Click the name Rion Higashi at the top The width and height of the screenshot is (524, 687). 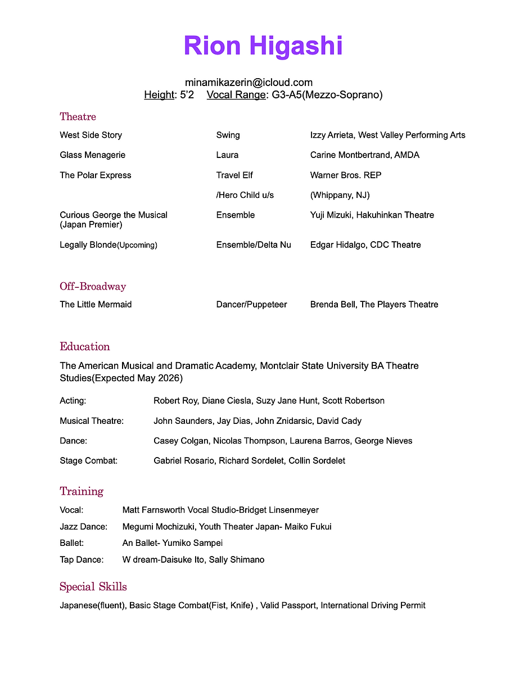pos(263,46)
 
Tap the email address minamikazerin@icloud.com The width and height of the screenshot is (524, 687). pos(249,82)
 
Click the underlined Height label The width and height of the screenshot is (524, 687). pos(159,94)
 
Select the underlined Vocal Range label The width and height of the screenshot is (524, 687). pos(236,94)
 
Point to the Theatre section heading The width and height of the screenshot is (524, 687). pos(78,116)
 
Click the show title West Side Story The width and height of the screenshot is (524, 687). pos(91,135)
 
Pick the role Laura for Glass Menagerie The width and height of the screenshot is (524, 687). pos(227,155)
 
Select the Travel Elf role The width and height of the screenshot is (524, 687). pos(234,175)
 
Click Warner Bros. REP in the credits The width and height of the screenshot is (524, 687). pos(346,175)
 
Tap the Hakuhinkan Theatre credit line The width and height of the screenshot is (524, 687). pos(372,215)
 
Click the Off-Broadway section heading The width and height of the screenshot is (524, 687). pos(93,286)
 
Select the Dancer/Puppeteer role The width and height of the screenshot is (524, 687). pos(251,304)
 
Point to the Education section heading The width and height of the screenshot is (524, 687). pos(85,346)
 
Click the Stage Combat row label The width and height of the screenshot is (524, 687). pos(88,460)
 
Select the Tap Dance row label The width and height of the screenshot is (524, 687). pos(82,559)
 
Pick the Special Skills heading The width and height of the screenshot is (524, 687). pos(93,586)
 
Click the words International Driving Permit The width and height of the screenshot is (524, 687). pos(373,605)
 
